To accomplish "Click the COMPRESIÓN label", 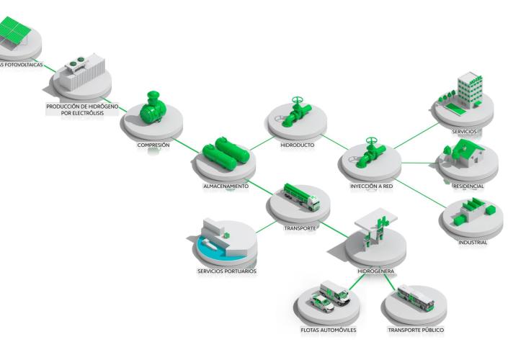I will coord(153,145).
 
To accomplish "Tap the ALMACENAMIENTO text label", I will coord(226,186).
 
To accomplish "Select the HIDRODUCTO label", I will coord(297,145).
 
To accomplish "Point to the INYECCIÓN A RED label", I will coord(371,186).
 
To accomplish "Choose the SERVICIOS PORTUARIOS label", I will coord(226,271).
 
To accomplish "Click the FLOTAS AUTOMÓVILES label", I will coord(329,330).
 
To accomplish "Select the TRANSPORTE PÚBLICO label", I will coord(416,330).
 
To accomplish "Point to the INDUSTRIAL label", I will coord(473,243).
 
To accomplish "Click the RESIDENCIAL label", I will coord(468,186).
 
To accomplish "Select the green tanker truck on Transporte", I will coord(301,196).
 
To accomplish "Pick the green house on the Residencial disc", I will coord(464,153).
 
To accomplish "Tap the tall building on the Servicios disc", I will coord(469,87).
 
